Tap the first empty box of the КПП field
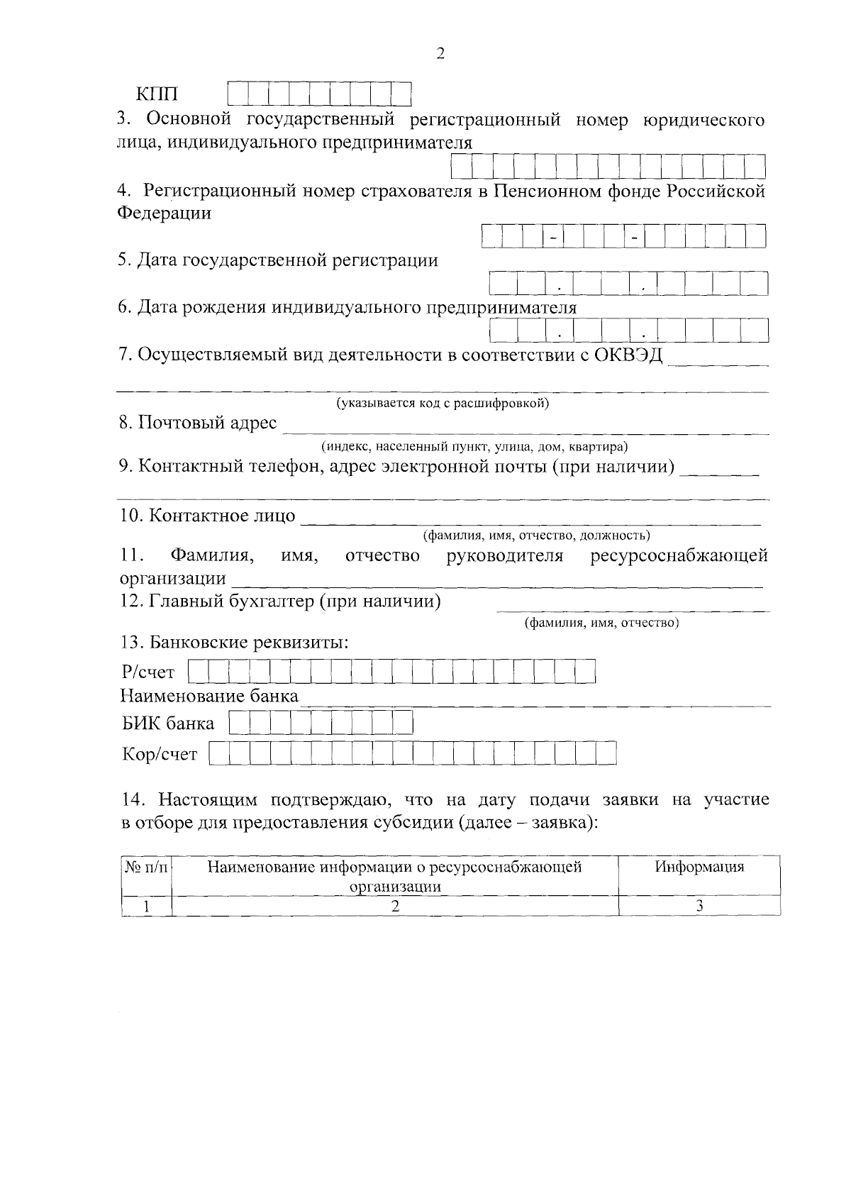[x=238, y=94]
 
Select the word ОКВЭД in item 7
[x=627, y=355]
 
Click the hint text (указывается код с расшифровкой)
[x=443, y=404]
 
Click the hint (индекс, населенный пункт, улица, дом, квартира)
[x=474, y=447]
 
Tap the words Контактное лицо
[x=222, y=516]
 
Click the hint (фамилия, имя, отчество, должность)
[x=536, y=535]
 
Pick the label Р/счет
[x=148, y=672]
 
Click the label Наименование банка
[x=210, y=696]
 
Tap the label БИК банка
[x=168, y=724]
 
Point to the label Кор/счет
[x=160, y=755]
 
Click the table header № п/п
[x=147, y=867]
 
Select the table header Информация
[x=699, y=867]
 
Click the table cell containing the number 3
[x=699, y=906]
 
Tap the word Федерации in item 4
[x=165, y=213]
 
